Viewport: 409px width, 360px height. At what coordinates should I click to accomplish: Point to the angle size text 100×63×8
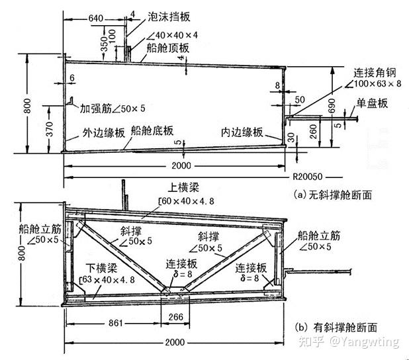pyautogui.click(x=377, y=85)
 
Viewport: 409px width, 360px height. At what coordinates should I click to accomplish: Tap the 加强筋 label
pyautogui.click(x=97, y=107)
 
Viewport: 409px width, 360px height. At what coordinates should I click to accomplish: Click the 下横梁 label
pyautogui.click(x=104, y=268)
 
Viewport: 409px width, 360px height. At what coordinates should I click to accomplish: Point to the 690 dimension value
pyautogui.click(x=322, y=111)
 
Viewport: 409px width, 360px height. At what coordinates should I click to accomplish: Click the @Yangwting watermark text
pyautogui.click(x=366, y=342)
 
